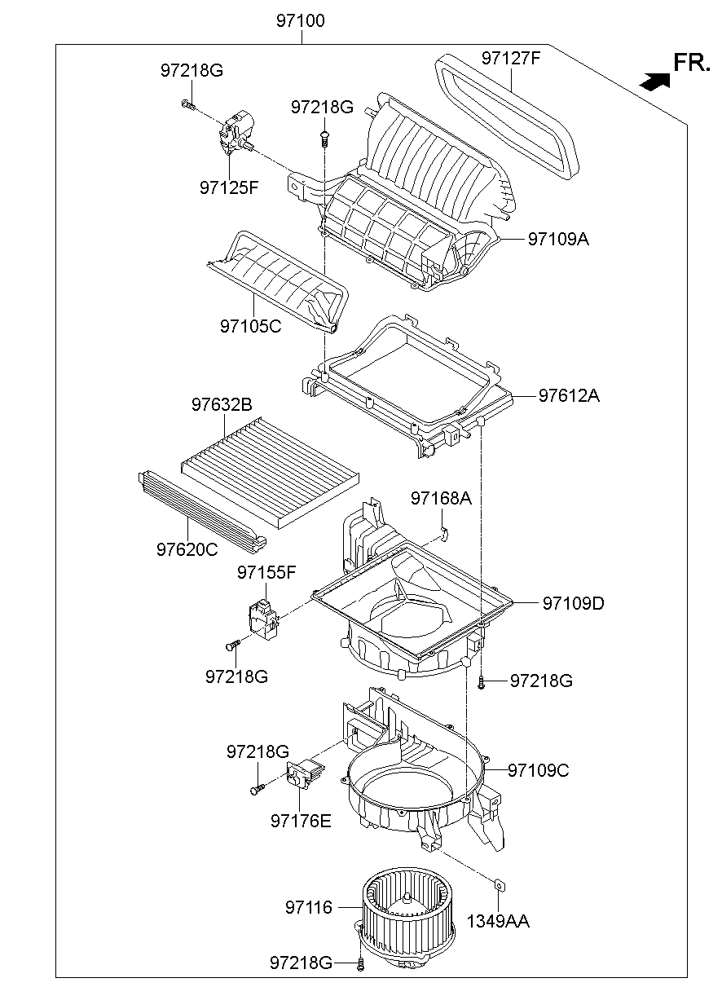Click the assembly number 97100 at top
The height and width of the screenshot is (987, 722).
tap(301, 20)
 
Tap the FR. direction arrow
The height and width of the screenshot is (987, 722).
tap(654, 81)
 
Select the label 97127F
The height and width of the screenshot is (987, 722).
tap(511, 58)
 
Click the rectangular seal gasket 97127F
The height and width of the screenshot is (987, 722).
tap(508, 114)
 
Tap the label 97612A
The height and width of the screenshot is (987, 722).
tap(569, 396)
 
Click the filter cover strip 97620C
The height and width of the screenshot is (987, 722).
tap(200, 509)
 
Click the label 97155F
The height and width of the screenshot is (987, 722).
tap(266, 572)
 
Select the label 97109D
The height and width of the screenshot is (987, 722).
tap(574, 603)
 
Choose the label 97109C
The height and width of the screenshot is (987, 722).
tap(539, 769)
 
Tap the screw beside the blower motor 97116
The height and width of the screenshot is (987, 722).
tap(360, 965)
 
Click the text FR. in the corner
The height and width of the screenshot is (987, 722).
tap(692, 63)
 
